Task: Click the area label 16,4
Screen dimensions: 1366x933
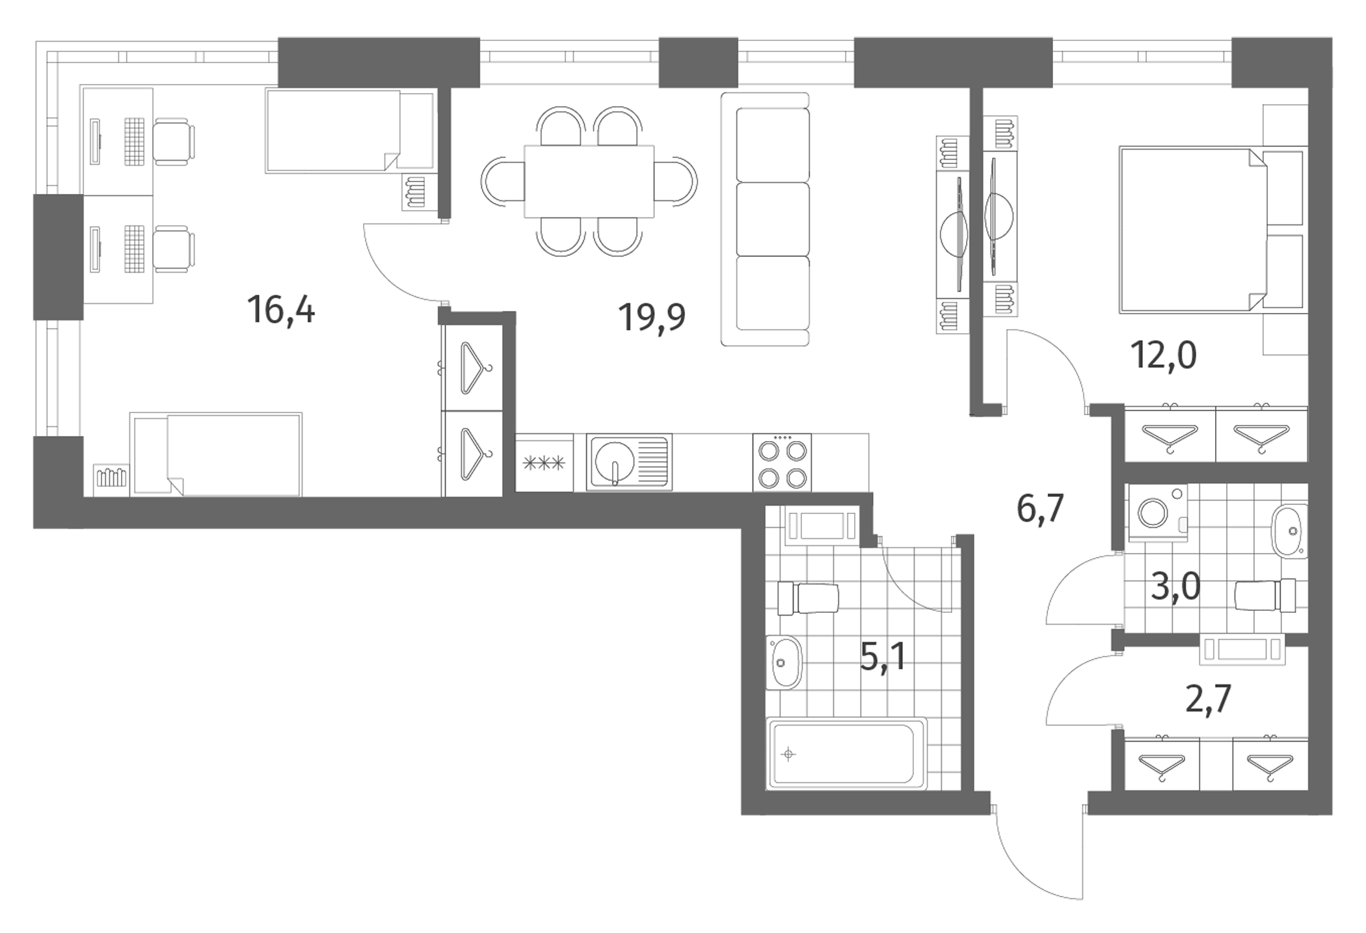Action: point(281,310)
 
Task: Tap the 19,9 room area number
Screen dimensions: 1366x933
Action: point(652,318)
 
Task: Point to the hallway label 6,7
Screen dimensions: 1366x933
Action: point(1040,508)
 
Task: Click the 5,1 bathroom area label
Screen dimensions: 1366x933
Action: point(883,657)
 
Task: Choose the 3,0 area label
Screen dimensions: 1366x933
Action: point(1175,588)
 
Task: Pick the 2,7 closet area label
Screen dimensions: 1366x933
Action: point(1208,699)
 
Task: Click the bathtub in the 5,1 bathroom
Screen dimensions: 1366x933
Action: point(847,753)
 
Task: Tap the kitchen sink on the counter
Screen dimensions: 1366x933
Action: point(629,462)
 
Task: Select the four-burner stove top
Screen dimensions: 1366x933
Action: point(782,462)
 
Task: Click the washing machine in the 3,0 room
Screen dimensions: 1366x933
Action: point(1158,513)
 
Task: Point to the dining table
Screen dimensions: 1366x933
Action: point(589,182)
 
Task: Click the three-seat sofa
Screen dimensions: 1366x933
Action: point(766,219)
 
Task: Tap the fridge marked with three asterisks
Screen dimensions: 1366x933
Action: point(544,463)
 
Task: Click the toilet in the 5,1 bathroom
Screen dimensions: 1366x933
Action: point(809,598)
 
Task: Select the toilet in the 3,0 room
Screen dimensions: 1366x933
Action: point(1265,595)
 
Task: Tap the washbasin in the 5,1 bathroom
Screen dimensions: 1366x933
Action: point(784,662)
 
